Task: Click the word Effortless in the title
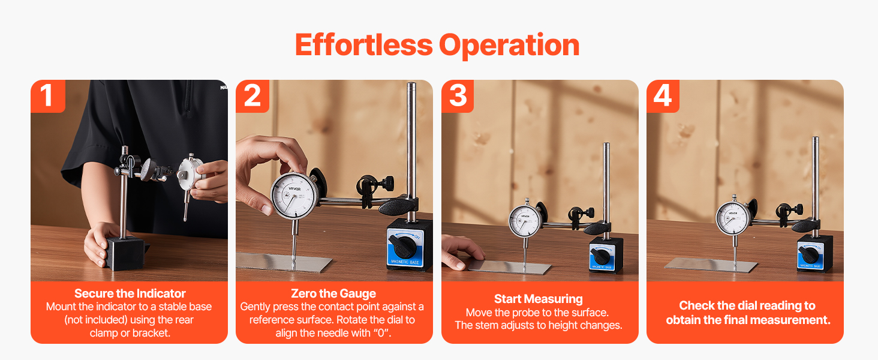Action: pos(364,45)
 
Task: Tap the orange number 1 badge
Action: pos(48,96)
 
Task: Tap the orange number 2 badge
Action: pos(252,96)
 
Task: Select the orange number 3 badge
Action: pos(458,96)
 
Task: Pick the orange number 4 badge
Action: pos(663,96)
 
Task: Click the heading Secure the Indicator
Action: pos(130,293)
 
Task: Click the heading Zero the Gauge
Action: pos(333,293)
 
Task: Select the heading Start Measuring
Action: pos(538,299)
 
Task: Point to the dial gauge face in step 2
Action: pos(294,196)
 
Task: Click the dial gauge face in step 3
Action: pos(524,221)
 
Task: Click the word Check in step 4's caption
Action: pos(696,305)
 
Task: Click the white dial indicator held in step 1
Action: pos(191,175)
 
